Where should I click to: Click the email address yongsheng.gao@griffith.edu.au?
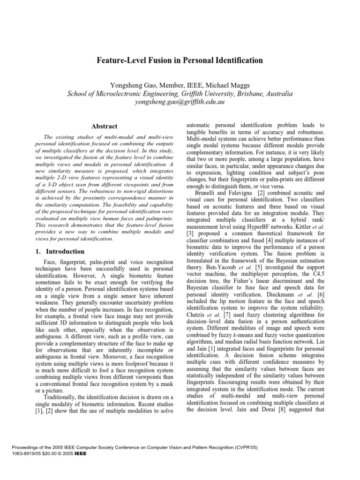(180, 102)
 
